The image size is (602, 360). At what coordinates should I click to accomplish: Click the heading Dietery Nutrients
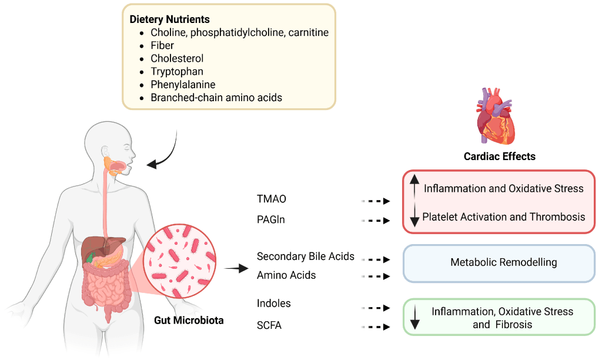click(x=169, y=19)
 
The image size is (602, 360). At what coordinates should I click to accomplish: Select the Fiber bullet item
click(x=162, y=45)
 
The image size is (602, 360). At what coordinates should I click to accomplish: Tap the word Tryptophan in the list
click(x=177, y=71)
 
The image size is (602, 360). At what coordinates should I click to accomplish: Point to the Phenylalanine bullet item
click(x=183, y=84)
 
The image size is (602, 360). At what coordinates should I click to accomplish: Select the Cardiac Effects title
click(x=500, y=156)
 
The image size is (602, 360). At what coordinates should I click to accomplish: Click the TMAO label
click(x=272, y=199)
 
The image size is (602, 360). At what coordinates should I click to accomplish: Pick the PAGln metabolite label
click(x=271, y=219)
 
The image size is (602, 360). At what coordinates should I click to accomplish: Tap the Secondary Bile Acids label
click(x=306, y=256)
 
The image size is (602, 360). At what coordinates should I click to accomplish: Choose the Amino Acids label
click(x=286, y=275)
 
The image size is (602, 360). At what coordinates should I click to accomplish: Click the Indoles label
click(x=274, y=304)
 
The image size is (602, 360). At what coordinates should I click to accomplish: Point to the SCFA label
click(x=269, y=325)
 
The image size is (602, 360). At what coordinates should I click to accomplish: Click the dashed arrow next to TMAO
click(x=376, y=201)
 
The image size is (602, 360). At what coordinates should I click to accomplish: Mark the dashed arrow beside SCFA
click(x=376, y=327)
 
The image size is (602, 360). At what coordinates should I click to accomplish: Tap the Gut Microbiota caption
click(x=189, y=321)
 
